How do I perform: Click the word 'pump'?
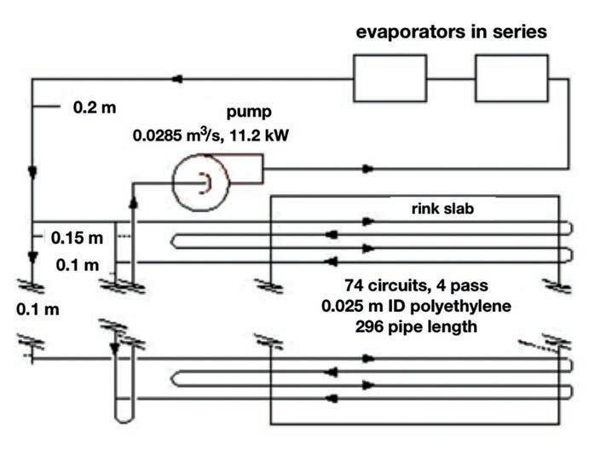246,112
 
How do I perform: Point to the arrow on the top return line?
178,79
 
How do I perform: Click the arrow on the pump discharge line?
367,169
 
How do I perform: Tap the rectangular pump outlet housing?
247,169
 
